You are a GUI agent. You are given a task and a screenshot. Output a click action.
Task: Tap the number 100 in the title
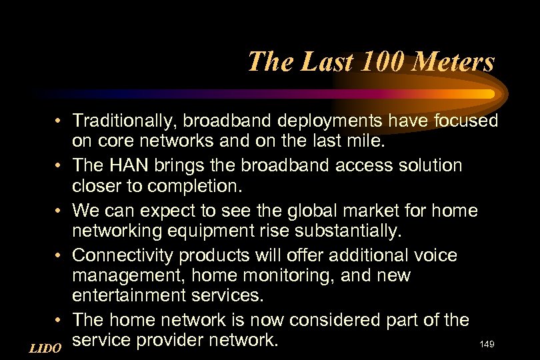point(374,62)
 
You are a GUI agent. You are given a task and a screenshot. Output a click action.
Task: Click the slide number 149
point(487,344)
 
